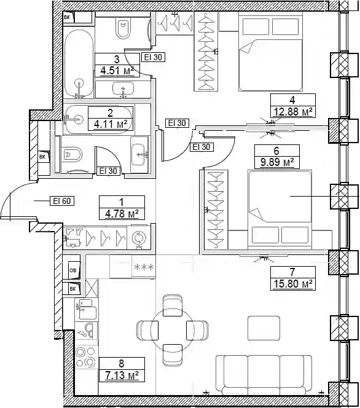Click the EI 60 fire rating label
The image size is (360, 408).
pyautogui.click(x=62, y=201)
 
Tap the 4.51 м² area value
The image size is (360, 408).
pyautogui.click(x=117, y=71)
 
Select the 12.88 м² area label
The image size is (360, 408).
pyautogui.click(x=293, y=112)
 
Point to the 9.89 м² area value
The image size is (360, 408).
pyautogui.click(x=277, y=162)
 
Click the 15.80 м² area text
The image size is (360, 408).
pyautogui.click(x=293, y=284)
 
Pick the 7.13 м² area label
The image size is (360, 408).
pyautogui.click(x=122, y=375)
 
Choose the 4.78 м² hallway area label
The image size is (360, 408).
pyautogui.click(x=122, y=214)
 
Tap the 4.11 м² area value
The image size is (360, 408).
pyautogui.click(x=111, y=124)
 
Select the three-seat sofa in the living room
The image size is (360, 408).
pyautogui.click(x=264, y=375)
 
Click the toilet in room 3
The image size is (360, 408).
pyautogui.click(x=123, y=28)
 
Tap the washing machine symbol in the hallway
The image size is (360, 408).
pyautogui.click(x=139, y=238)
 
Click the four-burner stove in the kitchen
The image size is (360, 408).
pyautogui.click(x=87, y=357)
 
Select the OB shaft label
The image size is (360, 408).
pyautogui.click(x=73, y=270)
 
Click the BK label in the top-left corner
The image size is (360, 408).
pyautogui.click(x=67, y=18)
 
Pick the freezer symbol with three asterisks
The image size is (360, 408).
pyautogui.click(x=144, y=267)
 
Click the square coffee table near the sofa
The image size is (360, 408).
pyautogui.click(x=264, y=328)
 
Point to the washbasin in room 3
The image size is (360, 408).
pyautogui.click(x=123, y=88)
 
